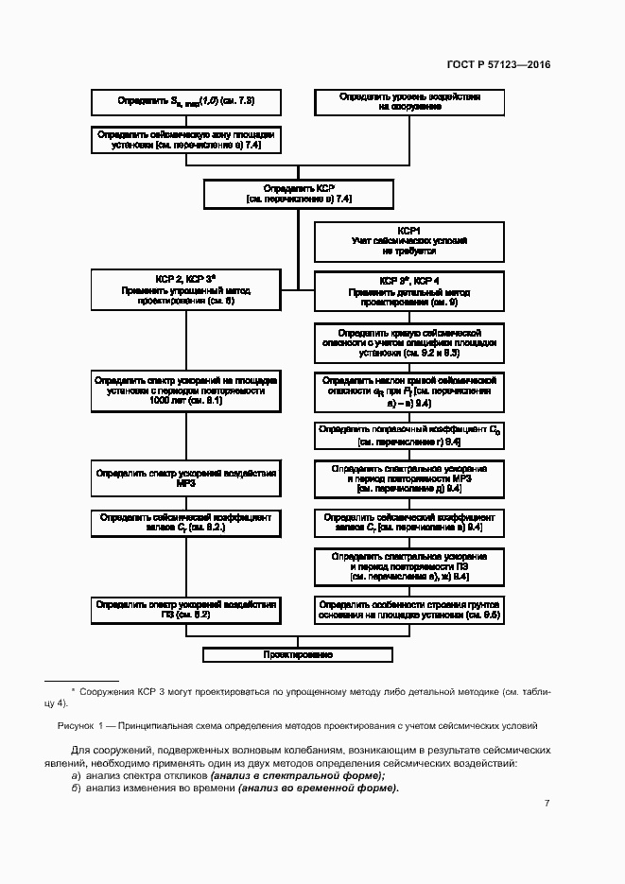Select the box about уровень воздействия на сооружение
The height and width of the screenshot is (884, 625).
click(x=409, y=102)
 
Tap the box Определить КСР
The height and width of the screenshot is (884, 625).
click(x=298, y=194)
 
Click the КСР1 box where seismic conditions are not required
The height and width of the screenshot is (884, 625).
click(x=409, y=241)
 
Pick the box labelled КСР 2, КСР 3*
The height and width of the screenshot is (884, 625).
click(x=185, y=289)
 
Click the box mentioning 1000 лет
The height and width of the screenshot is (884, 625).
click(x=185, y=390)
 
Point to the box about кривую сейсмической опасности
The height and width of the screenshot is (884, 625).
click(x=409, y=342)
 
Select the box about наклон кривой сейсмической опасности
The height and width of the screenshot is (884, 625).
click(x=409, y=390)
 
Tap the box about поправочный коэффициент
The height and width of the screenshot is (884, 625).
click(x=409, y=435)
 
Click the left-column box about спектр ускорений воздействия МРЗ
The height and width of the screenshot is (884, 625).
click(x=185, y=477)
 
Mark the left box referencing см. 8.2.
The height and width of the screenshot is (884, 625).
click(x=185, y=523)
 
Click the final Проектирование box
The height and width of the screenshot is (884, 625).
click(x=298, y=654)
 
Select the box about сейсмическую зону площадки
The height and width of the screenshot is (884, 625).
click(x=185, y=140)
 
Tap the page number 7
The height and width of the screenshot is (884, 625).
click(x=547, y=803)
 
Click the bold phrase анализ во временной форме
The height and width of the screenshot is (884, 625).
click(x=319, y=788)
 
